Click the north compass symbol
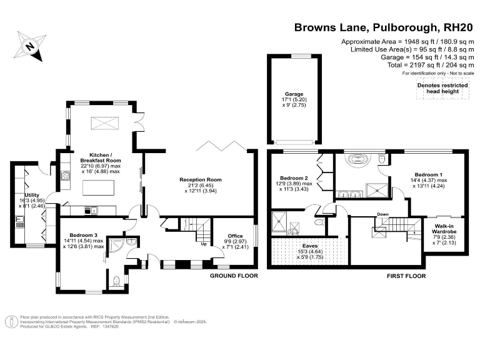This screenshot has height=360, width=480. [29, 46]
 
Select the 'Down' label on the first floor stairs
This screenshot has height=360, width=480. [382, 215]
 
